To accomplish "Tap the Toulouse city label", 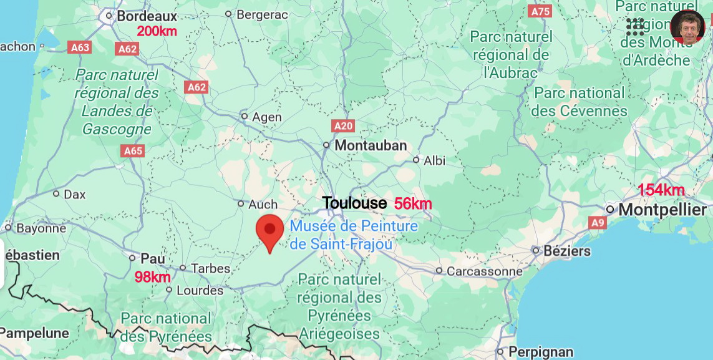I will pyautogui.click(x=354, y=203).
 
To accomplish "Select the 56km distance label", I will pyautogui.click(x=413, y=203).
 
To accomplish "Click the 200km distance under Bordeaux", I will pyautogui.click(x=157, y=31).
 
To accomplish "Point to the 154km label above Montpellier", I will pyautogui.click(x=661, y=190).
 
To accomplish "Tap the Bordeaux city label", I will pyautogui.click(x=147, y=16).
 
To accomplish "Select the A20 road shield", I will pyautogui.click(x=343, y=126).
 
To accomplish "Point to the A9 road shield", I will pyautogui.click(x=598, y=222).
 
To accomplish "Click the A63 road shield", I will pyautogui.click(x=80, y=47).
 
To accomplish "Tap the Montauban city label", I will pyautogui.click(x=371, y=145).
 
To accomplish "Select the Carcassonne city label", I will pyautogui.click(x=484, y=271).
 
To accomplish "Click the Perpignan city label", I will pyautogui.click(x=540, y=352).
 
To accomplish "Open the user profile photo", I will pyautogui.click(x=687, y=27).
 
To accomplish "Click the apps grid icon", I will pyautogui.click(x=635, y=26).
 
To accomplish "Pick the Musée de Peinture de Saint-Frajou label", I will pyautogui.click(x=353, y=235).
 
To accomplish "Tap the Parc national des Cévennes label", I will pyautogui.click(x=580, y=102).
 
